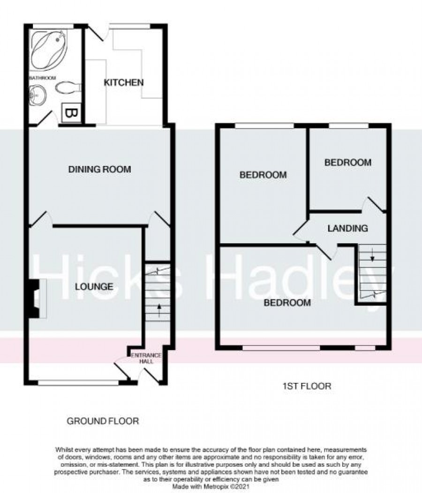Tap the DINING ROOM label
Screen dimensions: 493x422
pos(99,169)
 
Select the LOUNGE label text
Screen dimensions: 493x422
pos(94,287)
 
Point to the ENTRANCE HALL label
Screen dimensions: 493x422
pos(145,358)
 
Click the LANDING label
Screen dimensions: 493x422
pos(347,229)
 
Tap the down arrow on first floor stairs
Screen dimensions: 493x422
pos(372,256)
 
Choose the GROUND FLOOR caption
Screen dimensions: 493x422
pos(103,421)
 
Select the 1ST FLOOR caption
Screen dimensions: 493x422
pos(306,387)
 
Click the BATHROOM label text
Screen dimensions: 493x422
pos(42,78)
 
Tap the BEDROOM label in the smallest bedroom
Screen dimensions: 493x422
pos(348,163)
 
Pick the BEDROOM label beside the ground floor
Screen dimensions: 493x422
pos(263,175)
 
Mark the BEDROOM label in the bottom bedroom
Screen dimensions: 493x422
pos(287,303)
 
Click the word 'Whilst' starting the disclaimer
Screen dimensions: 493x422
pos(64,449)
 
